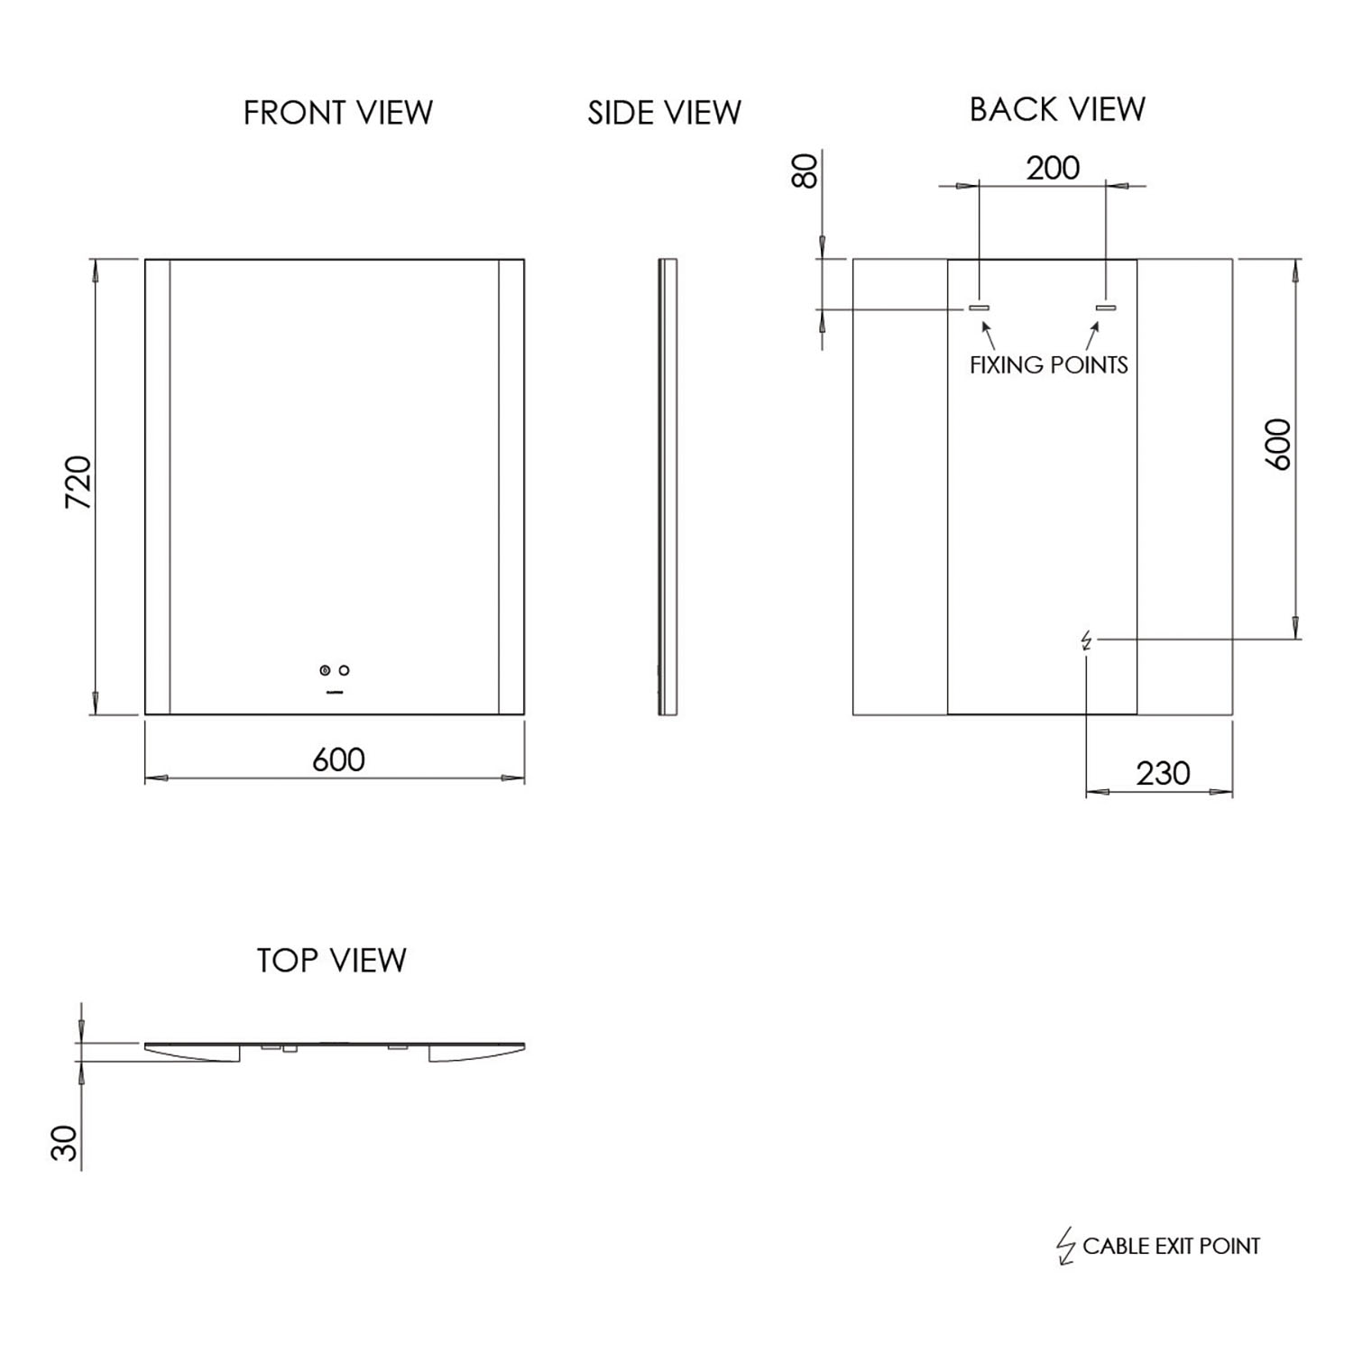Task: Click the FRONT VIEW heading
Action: point(338,113)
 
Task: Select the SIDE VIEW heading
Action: point(664,113)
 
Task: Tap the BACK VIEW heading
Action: point(1057,109)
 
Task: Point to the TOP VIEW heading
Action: point(331,961)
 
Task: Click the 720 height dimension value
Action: point(79,483)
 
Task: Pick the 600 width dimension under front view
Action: point(338,760)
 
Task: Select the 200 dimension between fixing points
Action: point(1053,168)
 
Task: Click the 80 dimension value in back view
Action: point(805,170)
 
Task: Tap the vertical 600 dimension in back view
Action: point(1278,444)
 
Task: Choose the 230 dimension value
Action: point(1163,774)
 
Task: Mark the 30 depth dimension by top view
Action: point(65,1143)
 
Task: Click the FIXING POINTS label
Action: point(1048,365)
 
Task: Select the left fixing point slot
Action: point(979,308)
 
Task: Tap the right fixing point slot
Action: point(1106,308)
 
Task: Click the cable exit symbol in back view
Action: point(1086,640)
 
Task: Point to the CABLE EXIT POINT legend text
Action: point(1171,1247)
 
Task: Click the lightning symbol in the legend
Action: point(1066,1247)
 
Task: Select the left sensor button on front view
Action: point(325,670)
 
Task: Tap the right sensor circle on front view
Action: point(344,670)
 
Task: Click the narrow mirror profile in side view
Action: point(667,487)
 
